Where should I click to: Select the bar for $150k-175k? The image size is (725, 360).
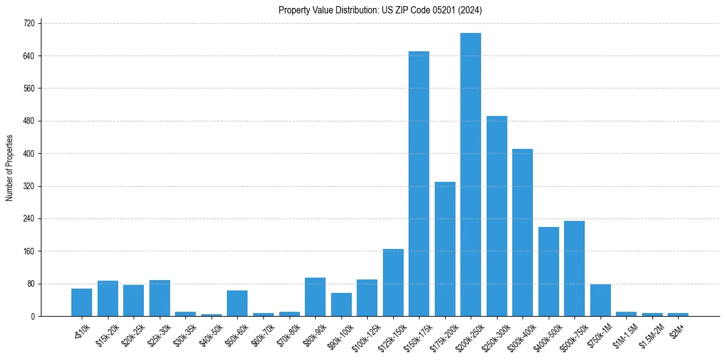click(x=419, y=184)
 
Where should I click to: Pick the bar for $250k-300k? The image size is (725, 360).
click(x=497, y=216)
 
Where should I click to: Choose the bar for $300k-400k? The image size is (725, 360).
click(x=523, y=232)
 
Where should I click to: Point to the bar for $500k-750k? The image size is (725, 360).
click(x=574, y=268)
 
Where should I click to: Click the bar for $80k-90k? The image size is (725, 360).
click(x=315, y=297)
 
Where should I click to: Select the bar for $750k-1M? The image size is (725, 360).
click(x=601, y=300)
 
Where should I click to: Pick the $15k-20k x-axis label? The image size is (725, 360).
click(x=106, y=335)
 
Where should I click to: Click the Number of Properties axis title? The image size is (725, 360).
click(x=10, y=168)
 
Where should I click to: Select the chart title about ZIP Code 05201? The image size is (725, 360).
click(x=380, y=10)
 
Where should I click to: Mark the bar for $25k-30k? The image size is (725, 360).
click(x=160, y=298)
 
